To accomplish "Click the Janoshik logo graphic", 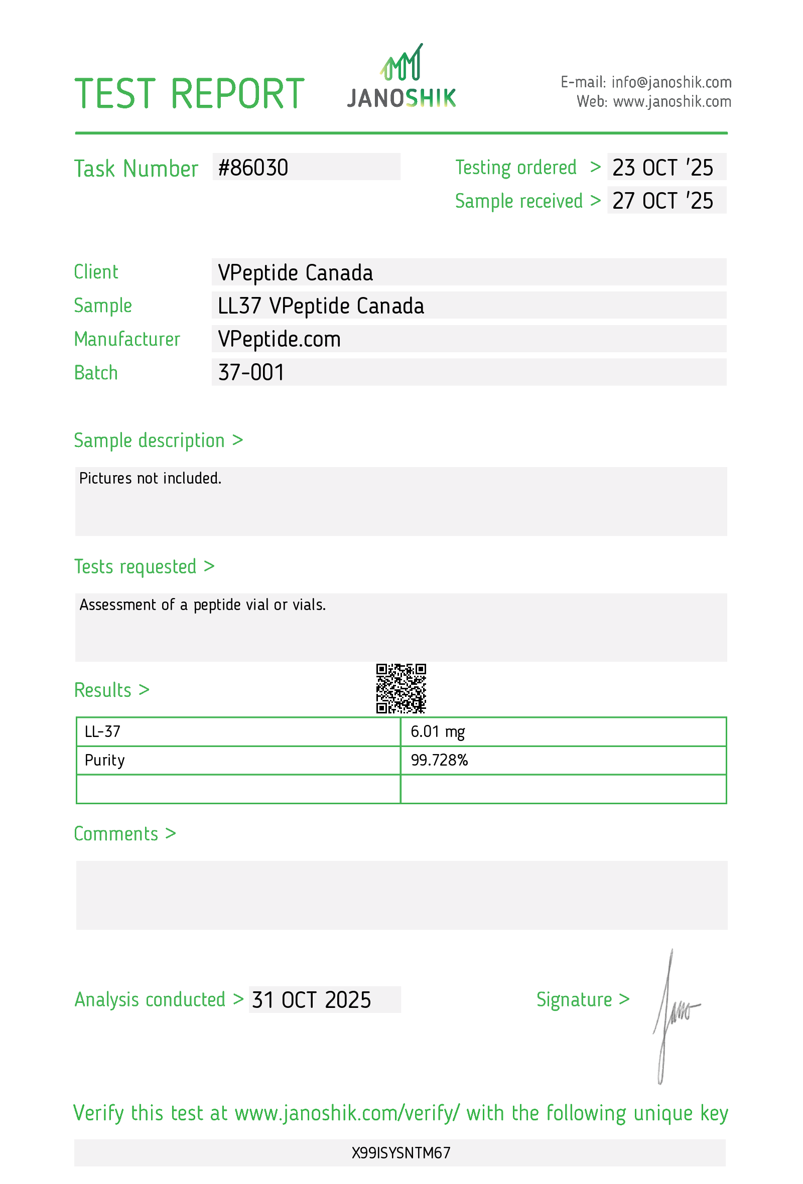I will click(401, 76).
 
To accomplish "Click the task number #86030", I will click(253, 168).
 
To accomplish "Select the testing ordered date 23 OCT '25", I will click(662, 168).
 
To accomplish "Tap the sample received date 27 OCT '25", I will click(662, 201).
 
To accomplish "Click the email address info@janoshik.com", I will click(671, 82).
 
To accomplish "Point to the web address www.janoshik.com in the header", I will click(672, 102).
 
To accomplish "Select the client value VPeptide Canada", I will click(295, 272).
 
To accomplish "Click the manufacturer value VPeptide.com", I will click(279, 339).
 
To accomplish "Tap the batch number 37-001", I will click(251, 372).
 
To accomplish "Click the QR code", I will click(401, 688).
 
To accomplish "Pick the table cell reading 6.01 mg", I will click(438, 731).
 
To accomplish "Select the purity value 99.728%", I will click(439, 760).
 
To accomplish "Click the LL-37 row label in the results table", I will click(102, 731).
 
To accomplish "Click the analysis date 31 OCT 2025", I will click(311, 999).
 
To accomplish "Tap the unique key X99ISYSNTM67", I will click(401, 1153).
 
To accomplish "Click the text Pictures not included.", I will click(150, 479).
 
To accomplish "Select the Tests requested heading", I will click(144, 566).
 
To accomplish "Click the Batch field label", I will click(96, 373).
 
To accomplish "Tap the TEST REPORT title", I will click(190, 94).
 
